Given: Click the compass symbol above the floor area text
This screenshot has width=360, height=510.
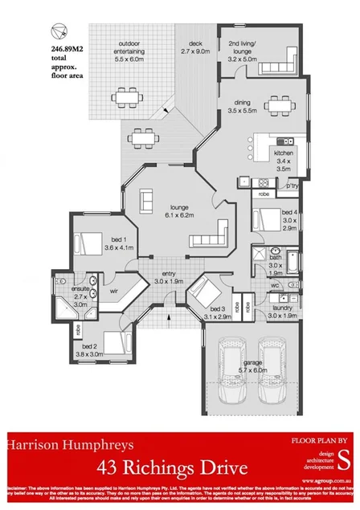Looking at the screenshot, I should click(x=58, y=31).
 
